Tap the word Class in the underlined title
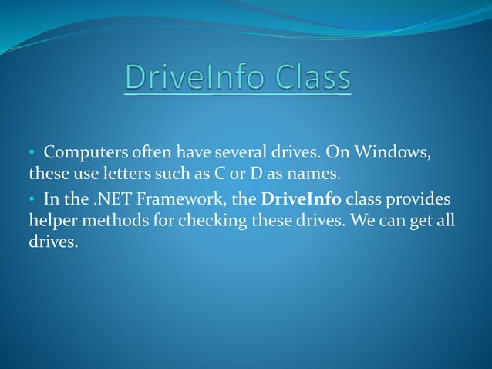[308, 79]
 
